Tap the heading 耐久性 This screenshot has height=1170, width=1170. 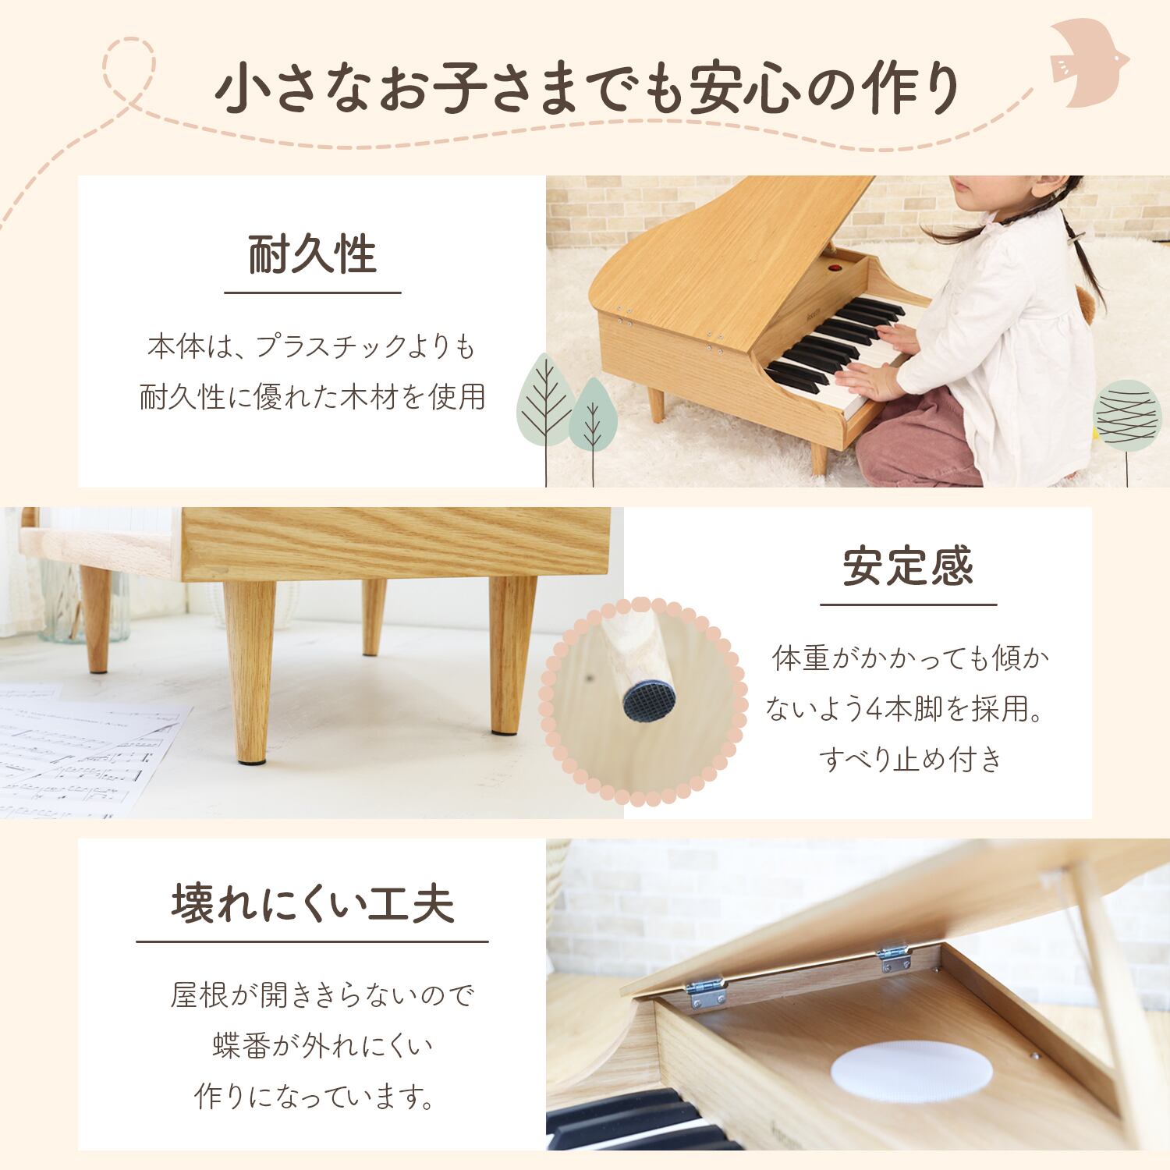[313, 254]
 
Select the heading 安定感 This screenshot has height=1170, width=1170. [909, 566]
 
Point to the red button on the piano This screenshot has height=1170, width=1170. [835, 268]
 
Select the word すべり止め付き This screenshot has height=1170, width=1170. [909, 758]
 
